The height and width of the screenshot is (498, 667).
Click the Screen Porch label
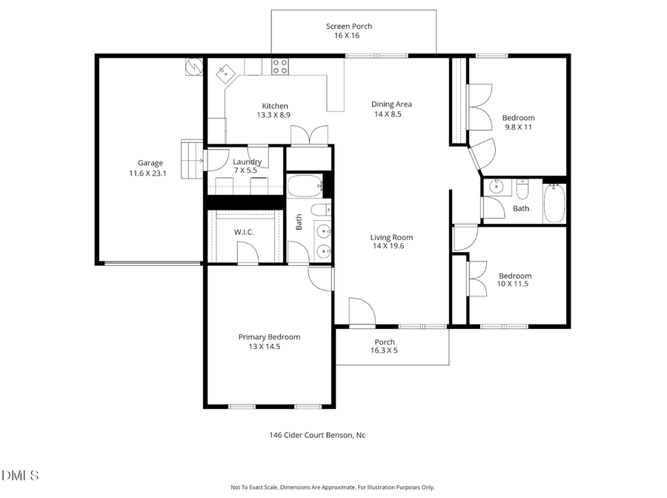tap(349, 27)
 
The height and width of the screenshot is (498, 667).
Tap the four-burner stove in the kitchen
tap(279, 67)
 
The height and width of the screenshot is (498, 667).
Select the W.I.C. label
tap(245, 232)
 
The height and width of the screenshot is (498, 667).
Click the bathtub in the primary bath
tap(304, 185)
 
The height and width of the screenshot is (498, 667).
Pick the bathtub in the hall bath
tap(554, 203)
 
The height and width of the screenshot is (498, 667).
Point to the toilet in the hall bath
tap(522, 192)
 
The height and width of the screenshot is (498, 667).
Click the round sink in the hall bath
tap(494, 187)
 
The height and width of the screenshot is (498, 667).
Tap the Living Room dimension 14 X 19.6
tap(392, 248)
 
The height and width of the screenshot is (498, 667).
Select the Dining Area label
tap(391, 104)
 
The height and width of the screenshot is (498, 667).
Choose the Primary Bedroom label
tap(269, 337)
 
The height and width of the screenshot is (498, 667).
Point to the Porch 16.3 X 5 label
tap(384, 346)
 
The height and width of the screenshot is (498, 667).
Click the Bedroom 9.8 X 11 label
tap(518, 122)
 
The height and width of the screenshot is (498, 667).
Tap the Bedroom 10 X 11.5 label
tap(514, 280)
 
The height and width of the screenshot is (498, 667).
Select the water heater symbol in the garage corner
tap(194, 67)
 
